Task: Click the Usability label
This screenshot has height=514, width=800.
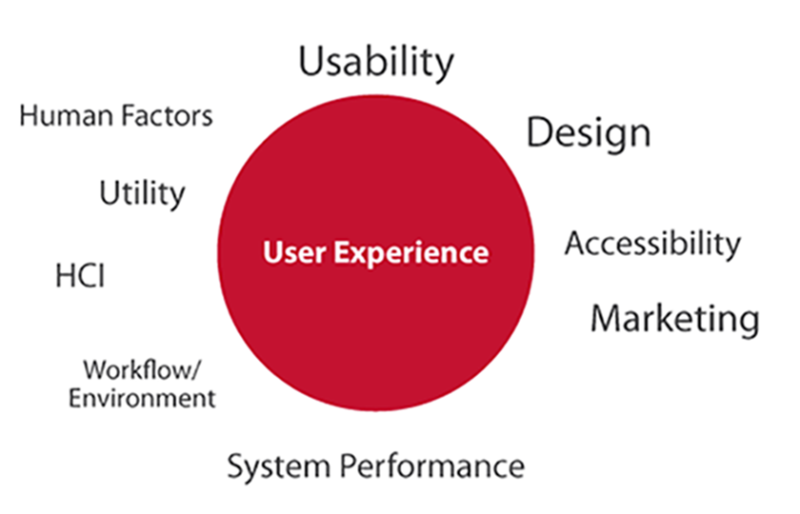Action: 376,62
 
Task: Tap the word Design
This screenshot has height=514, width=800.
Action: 589,133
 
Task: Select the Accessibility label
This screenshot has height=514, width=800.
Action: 652,245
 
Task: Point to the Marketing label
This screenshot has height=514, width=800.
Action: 675,319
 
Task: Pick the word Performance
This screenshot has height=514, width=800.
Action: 432,465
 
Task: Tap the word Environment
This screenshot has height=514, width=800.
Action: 142,398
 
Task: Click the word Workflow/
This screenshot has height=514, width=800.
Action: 142,370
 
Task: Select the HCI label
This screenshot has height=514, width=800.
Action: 80,276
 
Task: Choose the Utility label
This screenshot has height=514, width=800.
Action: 142,194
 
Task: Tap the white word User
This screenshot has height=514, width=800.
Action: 294,252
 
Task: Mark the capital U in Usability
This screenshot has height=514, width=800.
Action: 311,61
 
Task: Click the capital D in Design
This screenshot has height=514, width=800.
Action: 539,132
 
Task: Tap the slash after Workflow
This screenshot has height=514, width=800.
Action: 196,370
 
